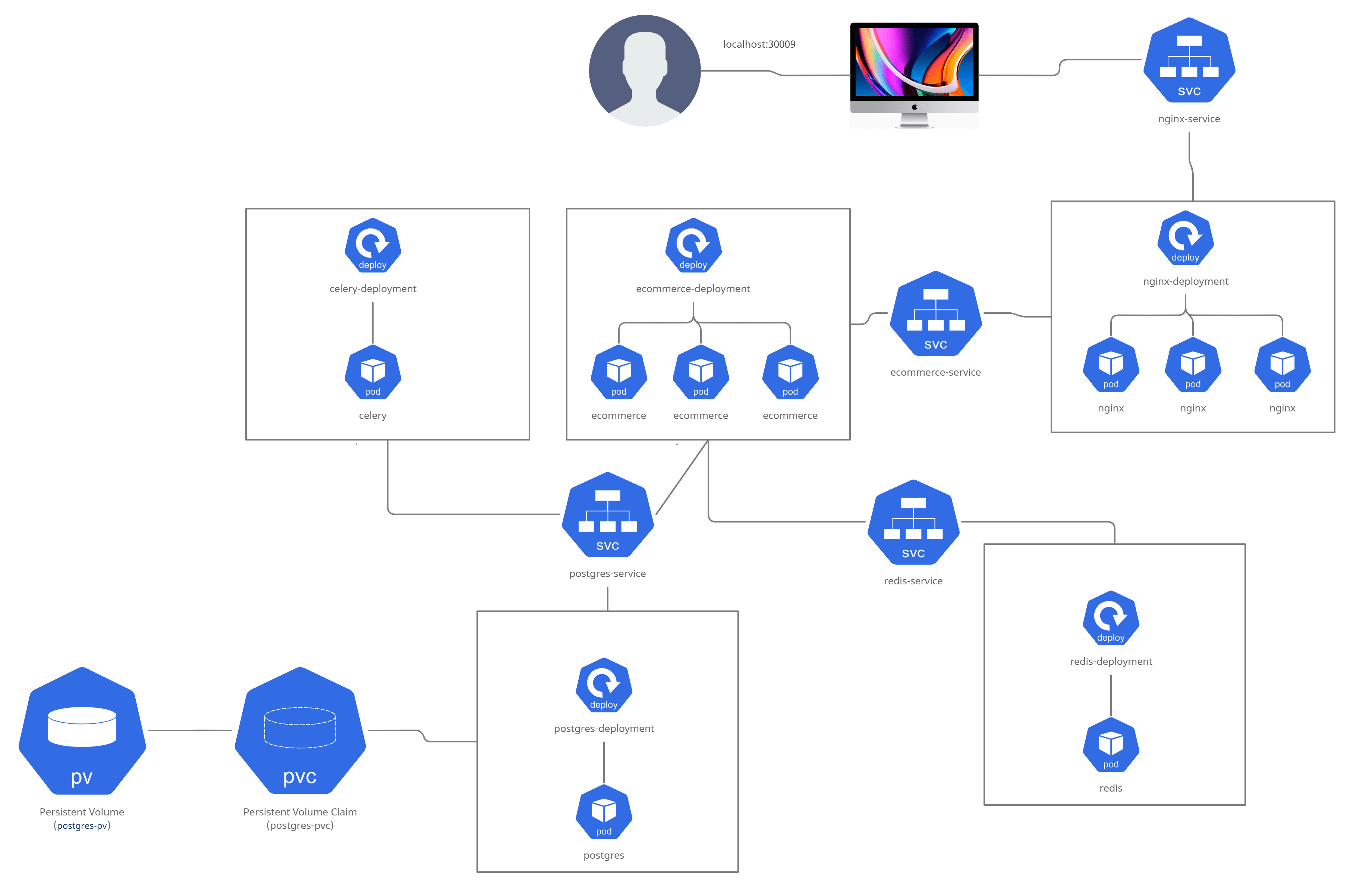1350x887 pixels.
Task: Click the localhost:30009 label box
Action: [x=759, y=44]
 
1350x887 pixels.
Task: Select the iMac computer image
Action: [x=914, y=75]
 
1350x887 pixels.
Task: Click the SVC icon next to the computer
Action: [x=1189, y=60]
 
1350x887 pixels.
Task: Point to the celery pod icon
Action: [x=373, y=372]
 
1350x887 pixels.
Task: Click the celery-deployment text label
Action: [x=373, y=289]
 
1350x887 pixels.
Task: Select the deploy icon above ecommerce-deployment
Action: [x=693, y=245]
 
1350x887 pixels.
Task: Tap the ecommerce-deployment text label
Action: [x=693, y=289]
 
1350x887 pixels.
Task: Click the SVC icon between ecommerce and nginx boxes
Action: [x=935, y=313]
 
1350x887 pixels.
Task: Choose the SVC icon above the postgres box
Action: [x=607, y=514]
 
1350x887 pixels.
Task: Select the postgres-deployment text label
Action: [x=604, y=729]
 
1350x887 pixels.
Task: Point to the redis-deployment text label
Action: [x=1111, y=661]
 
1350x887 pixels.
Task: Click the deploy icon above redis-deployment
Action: [x=1111, y=618]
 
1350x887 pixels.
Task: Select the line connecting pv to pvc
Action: [x=190, y=730]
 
